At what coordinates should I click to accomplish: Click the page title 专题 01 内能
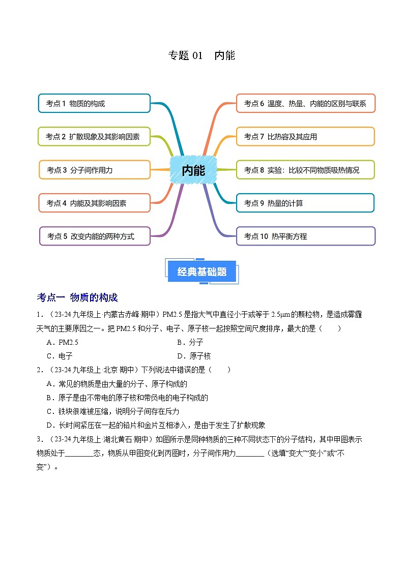[x=201, y=55]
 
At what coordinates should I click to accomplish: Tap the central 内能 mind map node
[x=193, y=170]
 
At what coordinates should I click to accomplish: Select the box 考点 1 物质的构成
[x=94, y=103]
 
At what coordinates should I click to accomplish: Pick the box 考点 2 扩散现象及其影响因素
[x=94, y=136]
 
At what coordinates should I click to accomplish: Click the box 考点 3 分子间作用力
[x=94, y=170]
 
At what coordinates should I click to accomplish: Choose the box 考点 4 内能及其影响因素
[x=94, y=203]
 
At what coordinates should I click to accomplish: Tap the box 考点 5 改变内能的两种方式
[x=94, y=236]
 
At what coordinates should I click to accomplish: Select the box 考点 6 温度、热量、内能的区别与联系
[x=305, y=103]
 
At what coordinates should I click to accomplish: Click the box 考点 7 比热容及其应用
[x=305, y=136]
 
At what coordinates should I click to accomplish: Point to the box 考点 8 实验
[x=305, y=170]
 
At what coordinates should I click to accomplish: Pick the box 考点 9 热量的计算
[x=305, y=203]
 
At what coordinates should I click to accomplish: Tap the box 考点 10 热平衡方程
[x=305, y=236]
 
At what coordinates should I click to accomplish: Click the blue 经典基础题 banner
[x=202, y=272]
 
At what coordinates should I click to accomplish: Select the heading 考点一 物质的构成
[x=77, y=297]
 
